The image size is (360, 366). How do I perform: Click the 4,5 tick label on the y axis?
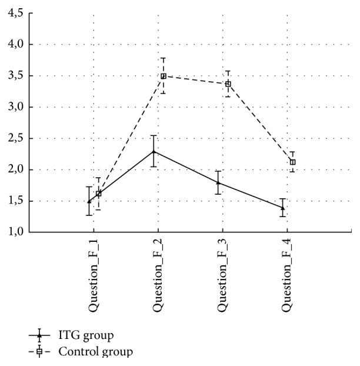coord(14,13)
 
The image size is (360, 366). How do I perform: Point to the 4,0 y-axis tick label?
coord(14,44)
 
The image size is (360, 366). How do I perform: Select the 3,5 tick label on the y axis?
coord(14,76)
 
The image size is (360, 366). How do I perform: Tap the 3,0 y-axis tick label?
coord(14,107)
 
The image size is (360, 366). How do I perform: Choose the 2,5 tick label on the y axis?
coord(14,138)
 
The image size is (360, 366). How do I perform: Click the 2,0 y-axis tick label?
coord(14,170)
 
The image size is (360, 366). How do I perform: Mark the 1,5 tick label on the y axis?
coord(14,201)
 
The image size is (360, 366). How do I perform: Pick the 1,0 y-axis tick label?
coord(14,232)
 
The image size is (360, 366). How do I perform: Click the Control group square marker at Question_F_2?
coord(163,76)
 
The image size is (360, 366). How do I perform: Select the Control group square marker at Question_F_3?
coord(228,84)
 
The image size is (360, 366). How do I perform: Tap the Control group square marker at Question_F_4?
coord(292,162)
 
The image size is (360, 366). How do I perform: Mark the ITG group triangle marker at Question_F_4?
coord(283,207)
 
